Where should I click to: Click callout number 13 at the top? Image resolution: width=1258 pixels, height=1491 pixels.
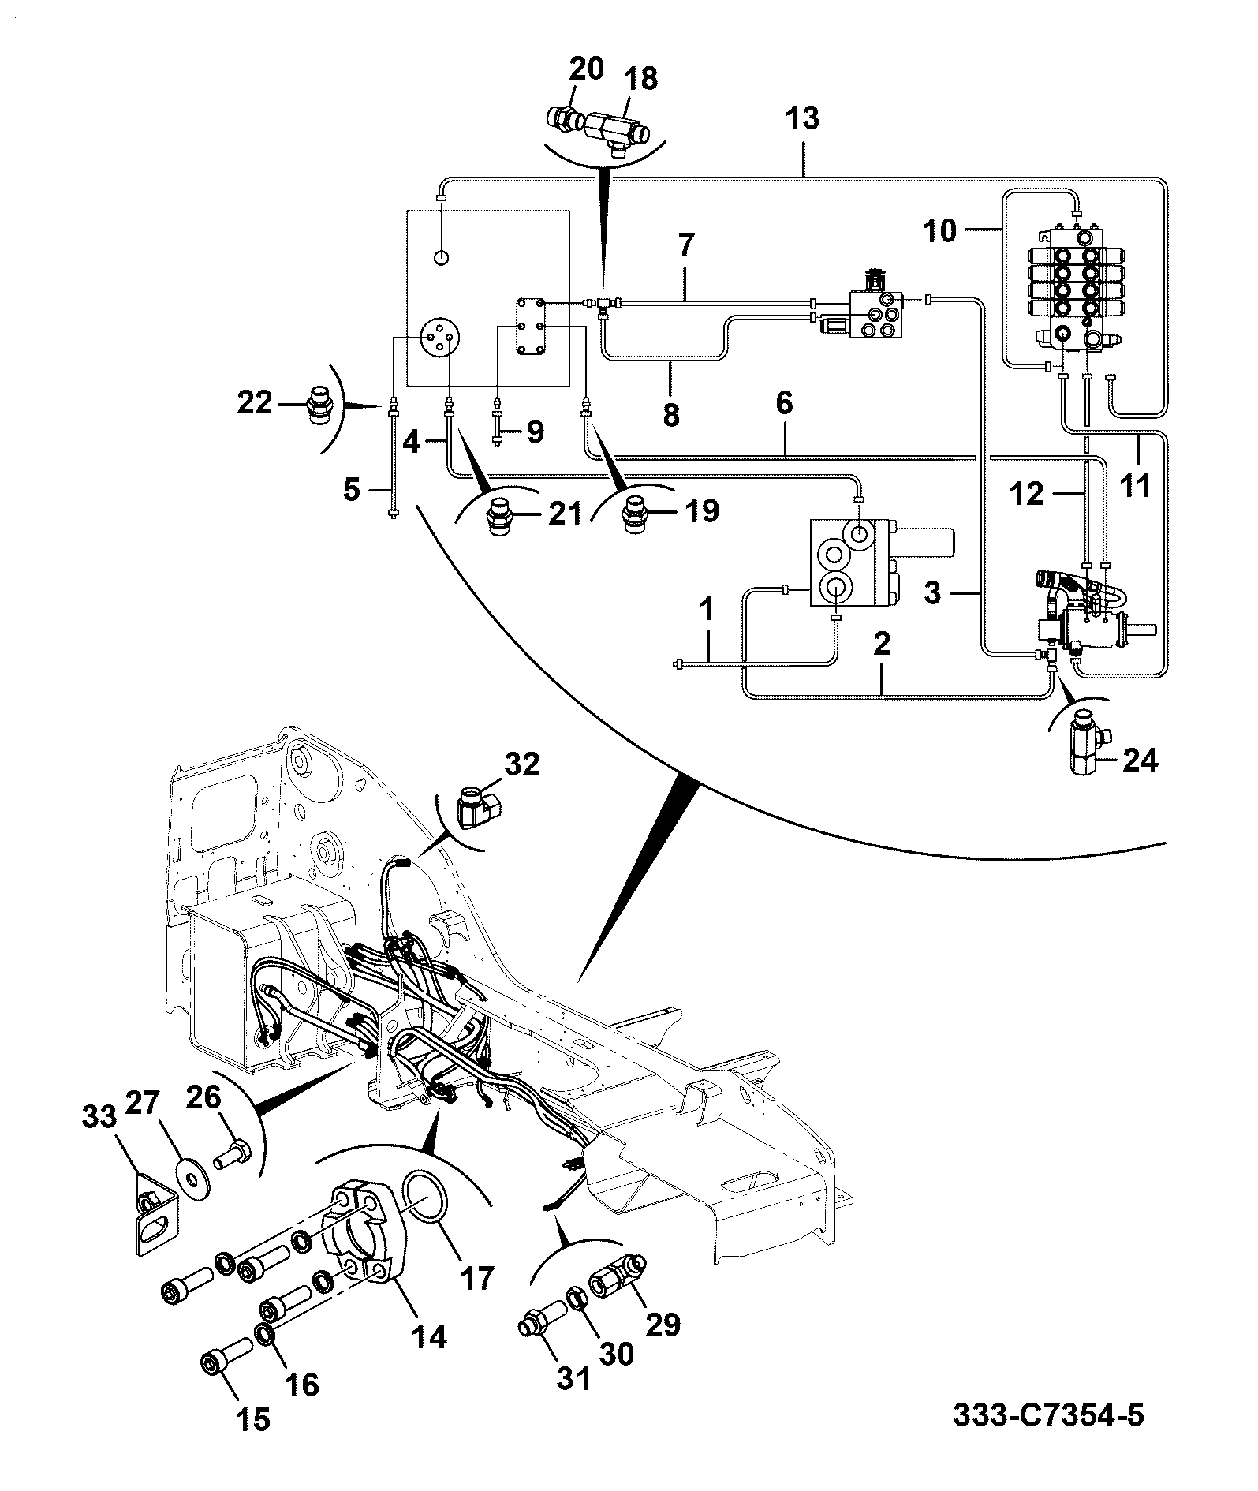click(x=803, y=118)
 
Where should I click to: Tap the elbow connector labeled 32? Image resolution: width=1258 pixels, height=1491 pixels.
click(x=477, y=809)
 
